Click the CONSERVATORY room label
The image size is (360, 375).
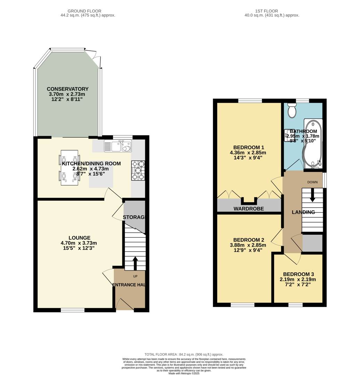[67, 89]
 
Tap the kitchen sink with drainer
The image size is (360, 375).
[117, 147]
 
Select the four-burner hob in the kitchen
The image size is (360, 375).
[138, 170]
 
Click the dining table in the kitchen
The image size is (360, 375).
[69, 167]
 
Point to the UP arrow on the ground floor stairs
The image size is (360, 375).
[135, 263]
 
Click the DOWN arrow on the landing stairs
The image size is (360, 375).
[312, 195]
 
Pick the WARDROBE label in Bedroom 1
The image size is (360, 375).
[248, 209]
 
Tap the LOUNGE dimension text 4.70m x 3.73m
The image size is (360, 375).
[79, 243]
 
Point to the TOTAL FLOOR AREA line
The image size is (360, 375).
[184, 354]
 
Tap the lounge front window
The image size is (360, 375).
[72, 310]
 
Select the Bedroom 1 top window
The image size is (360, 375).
[250, 101]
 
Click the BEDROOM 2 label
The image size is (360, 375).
[248, 240]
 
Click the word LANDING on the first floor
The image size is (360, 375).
[303, 212]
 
